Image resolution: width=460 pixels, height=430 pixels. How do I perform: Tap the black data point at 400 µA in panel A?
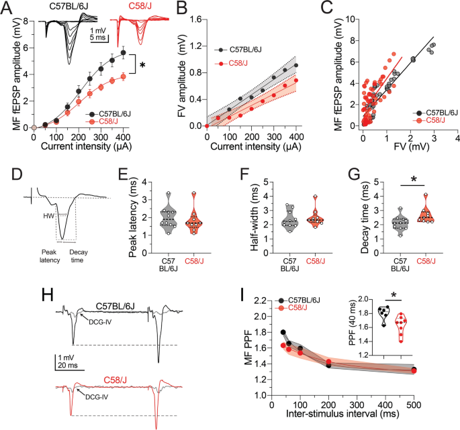(x=123, y=53)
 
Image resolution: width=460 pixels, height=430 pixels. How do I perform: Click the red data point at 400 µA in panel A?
(x=123, y=76)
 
